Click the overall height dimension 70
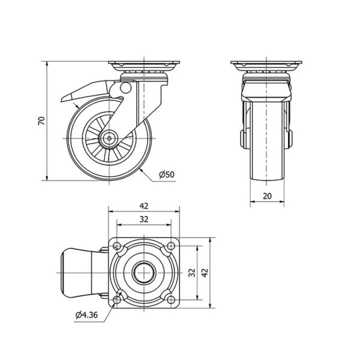click(x=41, y=121)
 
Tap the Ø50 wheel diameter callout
click(x=167, y=175)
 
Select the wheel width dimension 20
click(x=267, y=196)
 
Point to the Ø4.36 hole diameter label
click(x=86, y=315)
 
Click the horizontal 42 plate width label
click(x=144, y=206)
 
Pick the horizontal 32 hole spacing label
click(x=144, y=220)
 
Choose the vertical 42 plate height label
click(x=205, y=272)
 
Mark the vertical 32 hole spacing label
click(x=192, y=272)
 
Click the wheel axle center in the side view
click(x=109, y=138)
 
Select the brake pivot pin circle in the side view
click(x=125, y=88)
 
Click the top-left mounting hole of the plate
click(x=117, y=246)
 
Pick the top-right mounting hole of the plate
click(x=171, y=246)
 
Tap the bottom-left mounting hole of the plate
click(x=117, y=299)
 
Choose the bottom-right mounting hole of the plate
click(x=171, y=299)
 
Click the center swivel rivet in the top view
click(x=144, y=273)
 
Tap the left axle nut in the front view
click(x=242, y=139)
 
